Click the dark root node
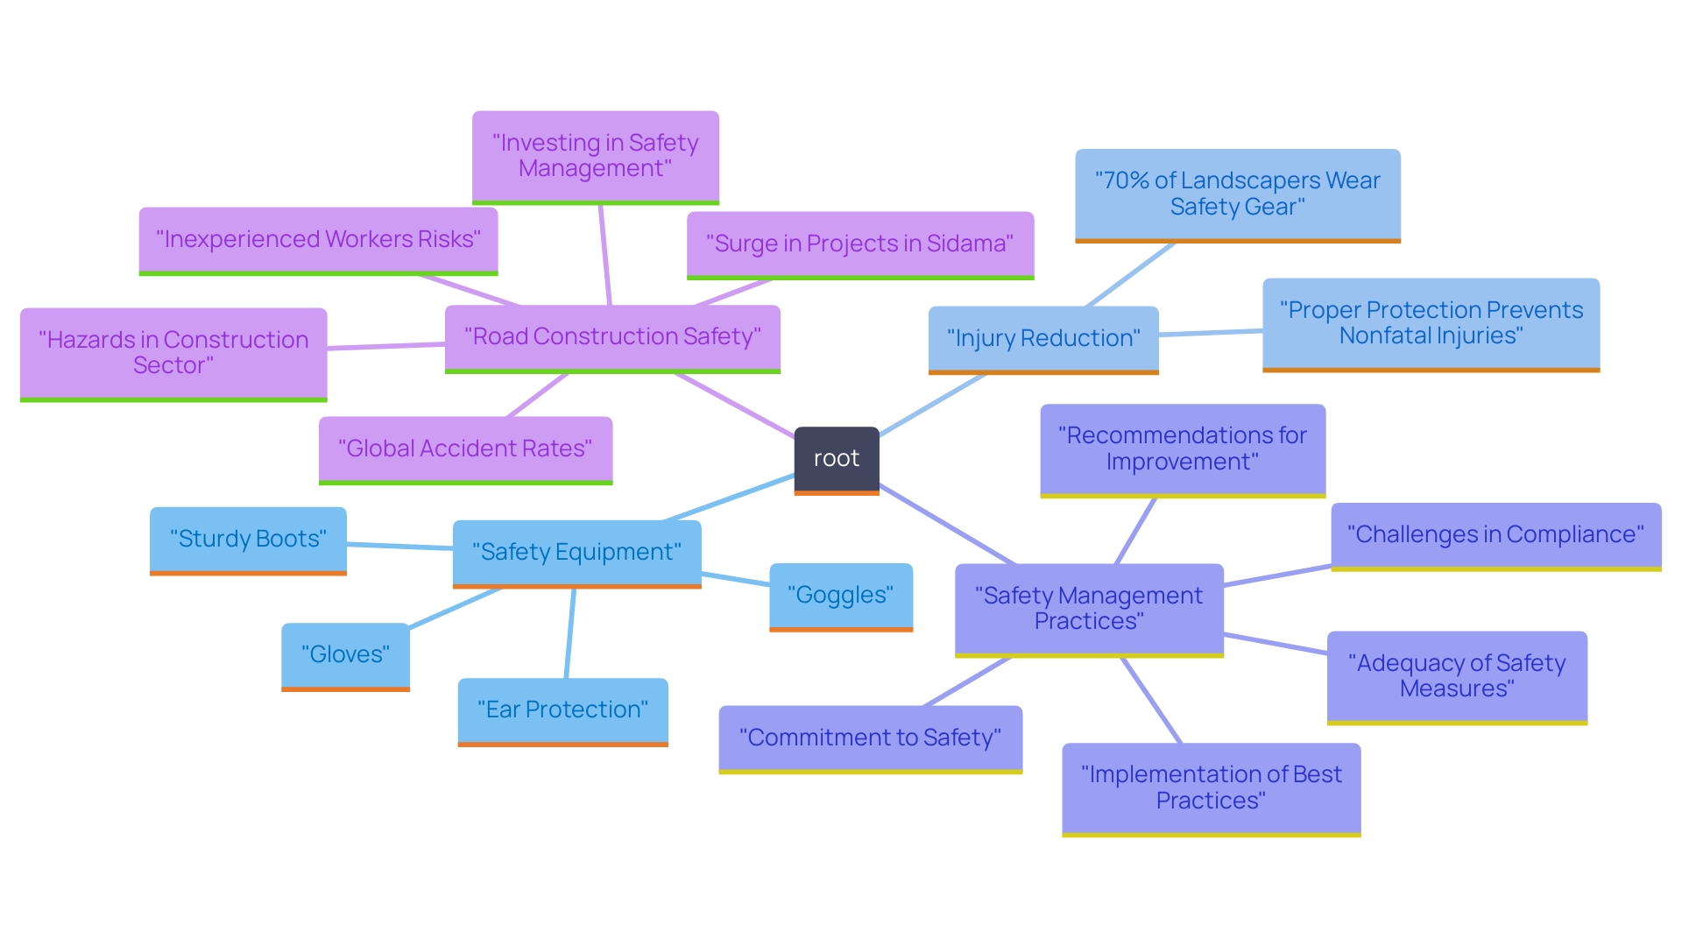click(836, 459)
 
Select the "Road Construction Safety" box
click(611, 337)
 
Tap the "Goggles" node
click(840, 596)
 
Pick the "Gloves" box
click(345, 655)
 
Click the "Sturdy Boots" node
click(248, 540)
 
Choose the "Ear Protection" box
click(562, 710)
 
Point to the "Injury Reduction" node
click(1042, 339)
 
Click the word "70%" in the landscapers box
click(1126, 181)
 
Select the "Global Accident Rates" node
click(465, 449)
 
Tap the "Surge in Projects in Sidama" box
click(859, 244)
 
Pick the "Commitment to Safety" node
click(870, 738)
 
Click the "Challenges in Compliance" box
click(1495, 535)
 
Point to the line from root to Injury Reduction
click(933, 404)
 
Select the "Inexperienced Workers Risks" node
click(318, 240)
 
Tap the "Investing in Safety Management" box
click(595, 156)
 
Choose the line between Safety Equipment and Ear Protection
click(570, 632)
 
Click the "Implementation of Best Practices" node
click(1211, 788)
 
